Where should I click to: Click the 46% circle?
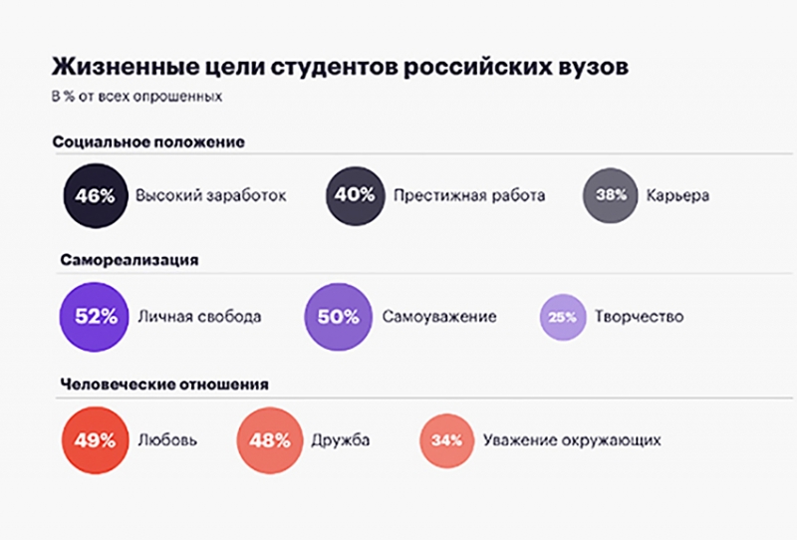96,195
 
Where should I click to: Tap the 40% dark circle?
356,195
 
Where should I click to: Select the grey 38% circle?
610,195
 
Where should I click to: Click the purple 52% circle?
96,317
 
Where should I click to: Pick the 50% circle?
338,317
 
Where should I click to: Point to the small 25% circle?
563,318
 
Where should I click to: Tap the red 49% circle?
96,439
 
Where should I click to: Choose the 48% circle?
270,439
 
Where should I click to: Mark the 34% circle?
445,439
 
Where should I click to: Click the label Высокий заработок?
211,195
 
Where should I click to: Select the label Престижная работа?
469,195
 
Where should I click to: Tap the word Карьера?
677,195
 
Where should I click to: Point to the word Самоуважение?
439,317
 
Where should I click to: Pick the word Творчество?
639,317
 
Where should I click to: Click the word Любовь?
166,439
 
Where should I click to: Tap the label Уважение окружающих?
572,439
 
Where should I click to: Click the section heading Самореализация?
130,260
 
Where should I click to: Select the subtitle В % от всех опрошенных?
137,98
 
